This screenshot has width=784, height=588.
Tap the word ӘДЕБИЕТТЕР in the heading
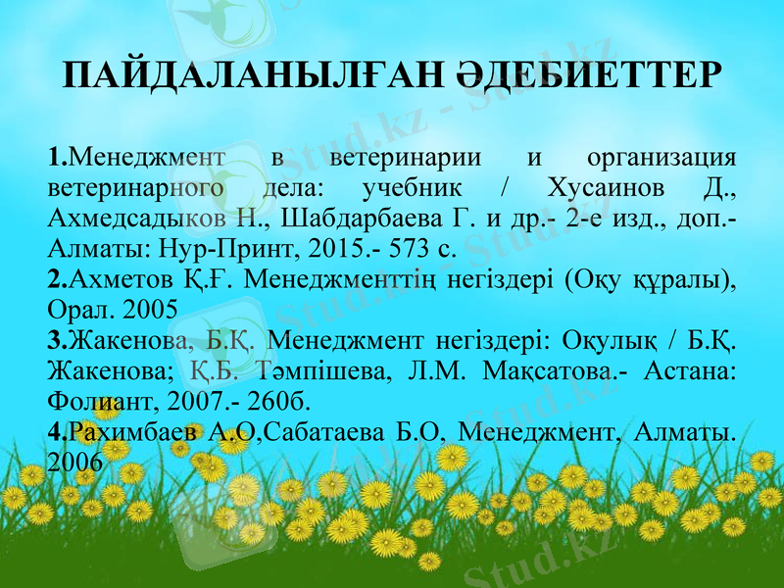click(x=589, y=76)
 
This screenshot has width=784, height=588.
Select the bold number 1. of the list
click(x=58, y=155)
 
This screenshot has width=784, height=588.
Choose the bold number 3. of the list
click(x=58, y=341)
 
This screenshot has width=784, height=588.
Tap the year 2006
click(x=73, y=461)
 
